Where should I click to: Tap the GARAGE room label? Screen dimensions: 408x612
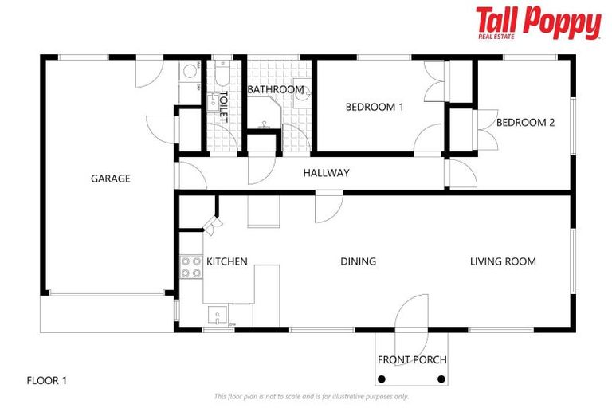110,178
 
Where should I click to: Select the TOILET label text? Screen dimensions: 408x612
224,107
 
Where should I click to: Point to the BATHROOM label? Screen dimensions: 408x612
275,90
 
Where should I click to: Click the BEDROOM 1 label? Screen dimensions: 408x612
374,107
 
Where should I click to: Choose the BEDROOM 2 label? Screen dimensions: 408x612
525,123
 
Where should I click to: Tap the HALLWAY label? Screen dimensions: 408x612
326,173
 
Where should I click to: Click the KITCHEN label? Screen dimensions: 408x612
227,261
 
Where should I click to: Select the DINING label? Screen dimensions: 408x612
358,261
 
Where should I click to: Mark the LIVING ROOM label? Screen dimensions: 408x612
503,261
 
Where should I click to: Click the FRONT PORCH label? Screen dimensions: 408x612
412,360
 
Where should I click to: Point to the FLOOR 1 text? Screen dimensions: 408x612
47,381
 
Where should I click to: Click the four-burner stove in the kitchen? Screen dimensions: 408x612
190,266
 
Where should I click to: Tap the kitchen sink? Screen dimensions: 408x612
215,316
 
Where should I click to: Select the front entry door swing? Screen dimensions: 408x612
413,311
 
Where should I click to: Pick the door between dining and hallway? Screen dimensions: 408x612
328,208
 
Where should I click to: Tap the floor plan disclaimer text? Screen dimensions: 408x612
311,396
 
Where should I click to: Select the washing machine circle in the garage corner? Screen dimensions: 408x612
190,72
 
